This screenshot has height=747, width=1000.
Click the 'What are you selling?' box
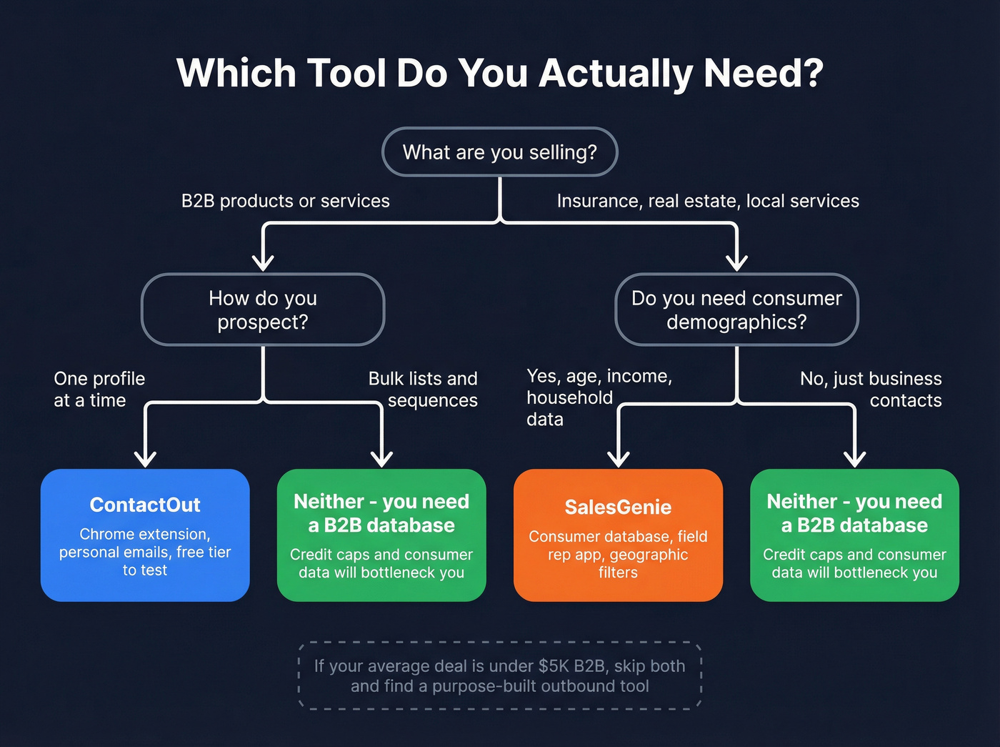tap(499, 152)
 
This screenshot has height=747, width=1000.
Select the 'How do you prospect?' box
tap(263, 310)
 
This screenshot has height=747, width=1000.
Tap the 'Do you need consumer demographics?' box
tap(736, 310)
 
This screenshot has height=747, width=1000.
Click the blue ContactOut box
tap(145, 535)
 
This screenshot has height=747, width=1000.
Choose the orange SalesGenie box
tap(618, 535)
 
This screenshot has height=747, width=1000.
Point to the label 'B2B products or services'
tap(285, 201)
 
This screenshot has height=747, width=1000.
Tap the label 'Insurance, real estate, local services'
tap(708, 201)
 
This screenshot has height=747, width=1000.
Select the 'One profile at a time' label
tap(99, 390)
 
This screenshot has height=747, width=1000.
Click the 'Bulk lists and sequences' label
tap(424, 390)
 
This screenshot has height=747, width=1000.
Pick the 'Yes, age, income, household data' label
tap(599, 397)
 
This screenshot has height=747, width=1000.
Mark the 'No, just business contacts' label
tap(871, 390)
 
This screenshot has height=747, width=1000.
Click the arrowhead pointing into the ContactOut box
tap(145, 458)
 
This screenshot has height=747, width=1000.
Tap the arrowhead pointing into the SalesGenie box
tap(618, 458)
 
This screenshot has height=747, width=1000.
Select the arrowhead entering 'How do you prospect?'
tap(263, 262)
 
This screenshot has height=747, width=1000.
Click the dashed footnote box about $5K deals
tap(499, 676)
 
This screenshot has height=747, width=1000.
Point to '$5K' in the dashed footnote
tap(554, 666)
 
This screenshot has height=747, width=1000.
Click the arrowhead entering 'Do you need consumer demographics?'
tap(736, 262)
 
